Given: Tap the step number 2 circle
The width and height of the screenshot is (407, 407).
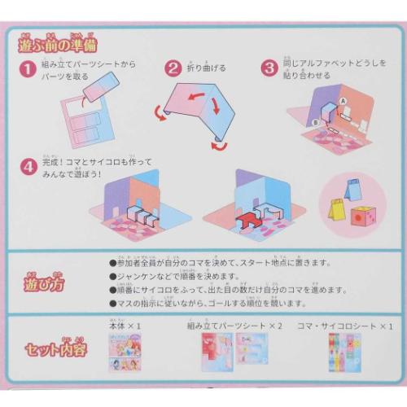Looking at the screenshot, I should point(173,68).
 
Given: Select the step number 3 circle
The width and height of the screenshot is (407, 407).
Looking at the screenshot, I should point(269,68).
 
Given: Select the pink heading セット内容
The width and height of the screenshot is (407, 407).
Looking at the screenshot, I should point(54,352).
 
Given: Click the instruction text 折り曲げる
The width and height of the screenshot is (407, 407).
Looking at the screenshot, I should point(207,69).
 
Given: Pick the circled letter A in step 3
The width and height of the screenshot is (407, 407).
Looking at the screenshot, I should point(343,102).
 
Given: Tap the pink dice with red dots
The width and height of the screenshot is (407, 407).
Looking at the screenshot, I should point(361,217).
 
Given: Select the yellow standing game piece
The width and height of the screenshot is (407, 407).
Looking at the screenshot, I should point(337,211).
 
